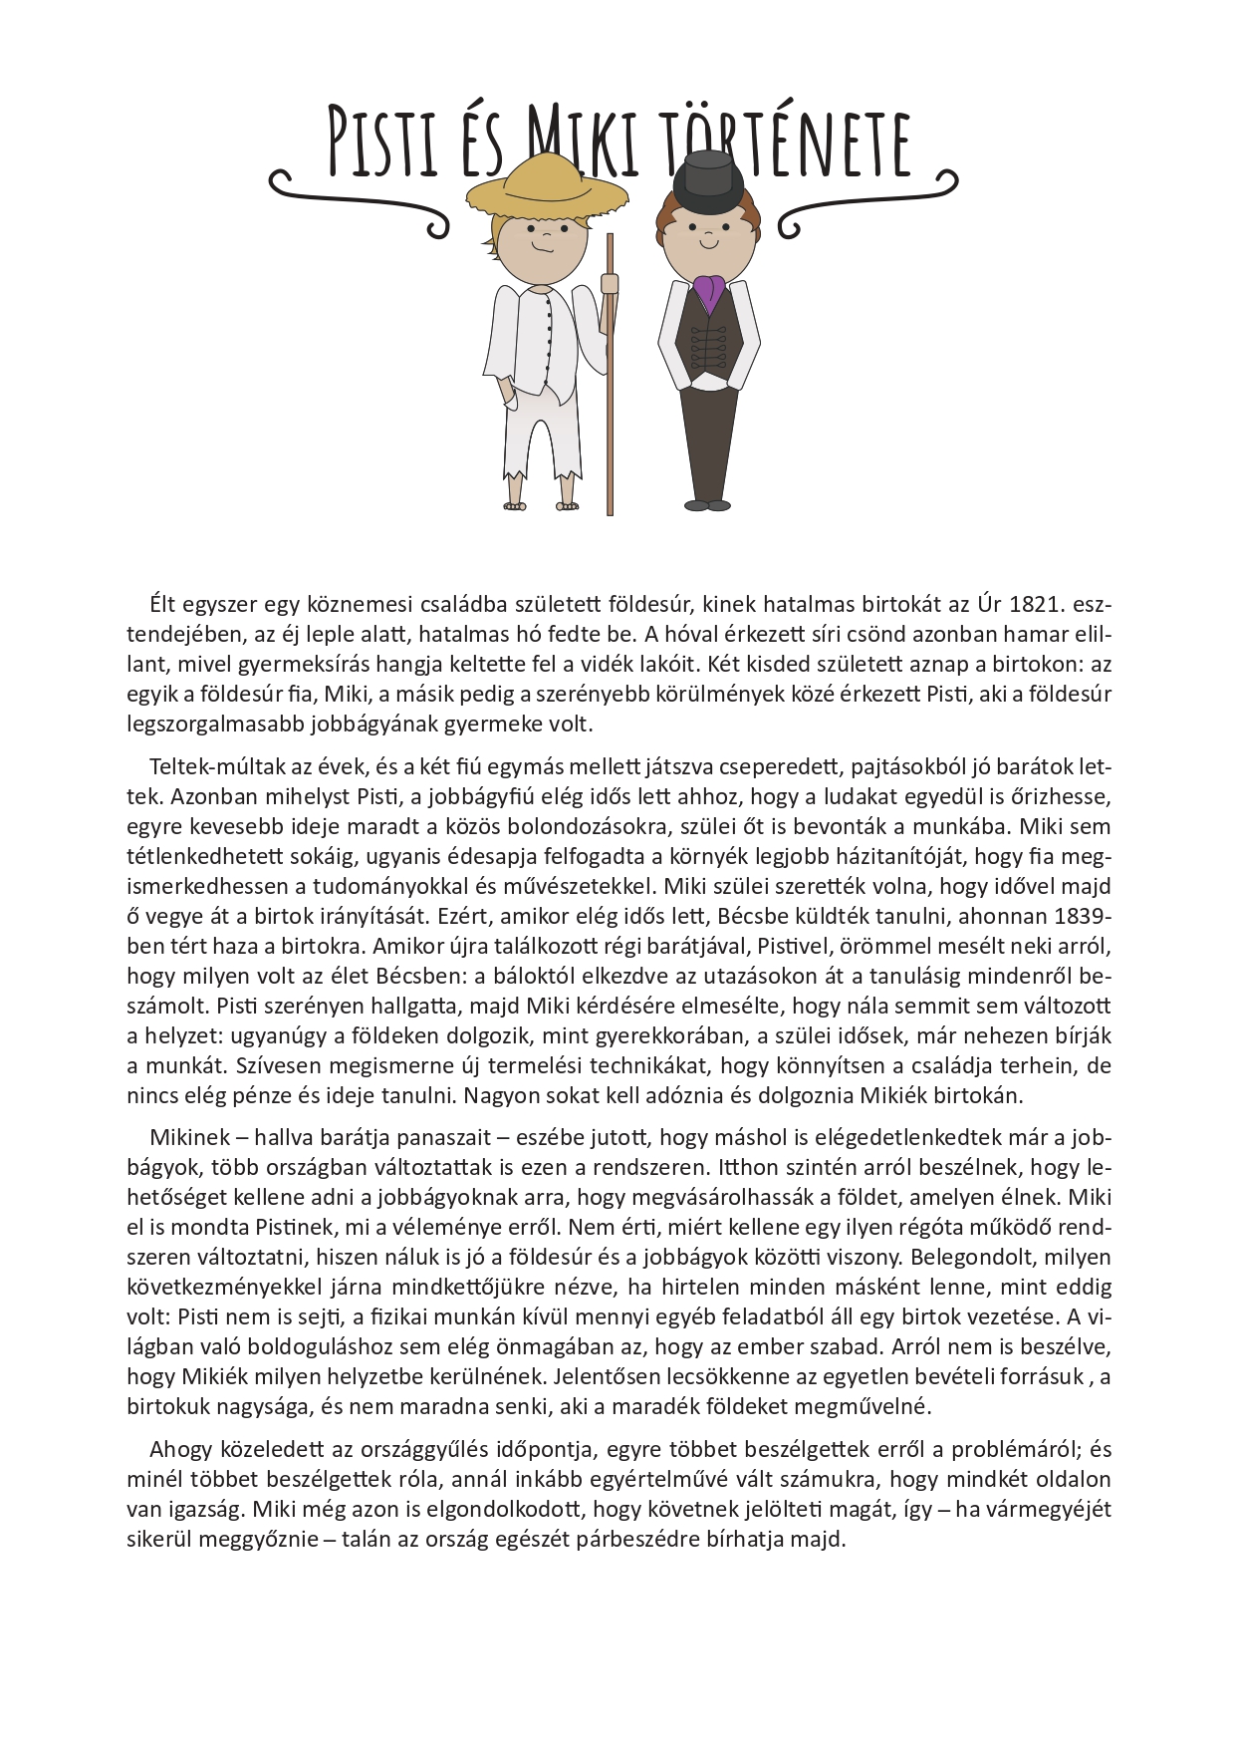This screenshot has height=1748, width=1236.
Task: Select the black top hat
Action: click(708, 175)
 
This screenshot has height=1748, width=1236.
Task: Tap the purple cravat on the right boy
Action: click(708, 290)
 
